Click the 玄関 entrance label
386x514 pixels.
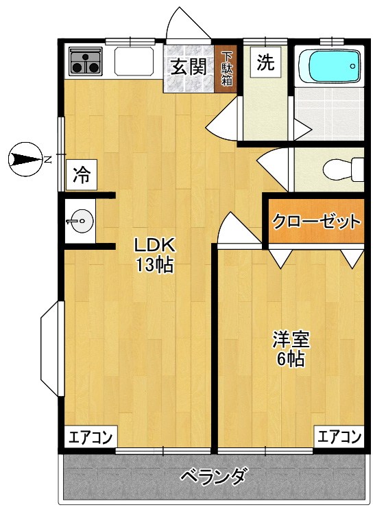click(x=189, y=67)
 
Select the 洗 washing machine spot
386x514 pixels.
click(x=265, y=63)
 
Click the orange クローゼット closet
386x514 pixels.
click(x=315, y=222)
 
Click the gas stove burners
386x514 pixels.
click(x=85, y=62)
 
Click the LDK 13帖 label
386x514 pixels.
click(x=155, y=255)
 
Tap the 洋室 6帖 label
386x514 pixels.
click(x=291, y=349)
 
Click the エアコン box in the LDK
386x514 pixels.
click(x=91, y=436)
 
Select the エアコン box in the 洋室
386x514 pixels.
click(x=339, y=436)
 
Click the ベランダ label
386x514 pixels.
click(x=214, y=476)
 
